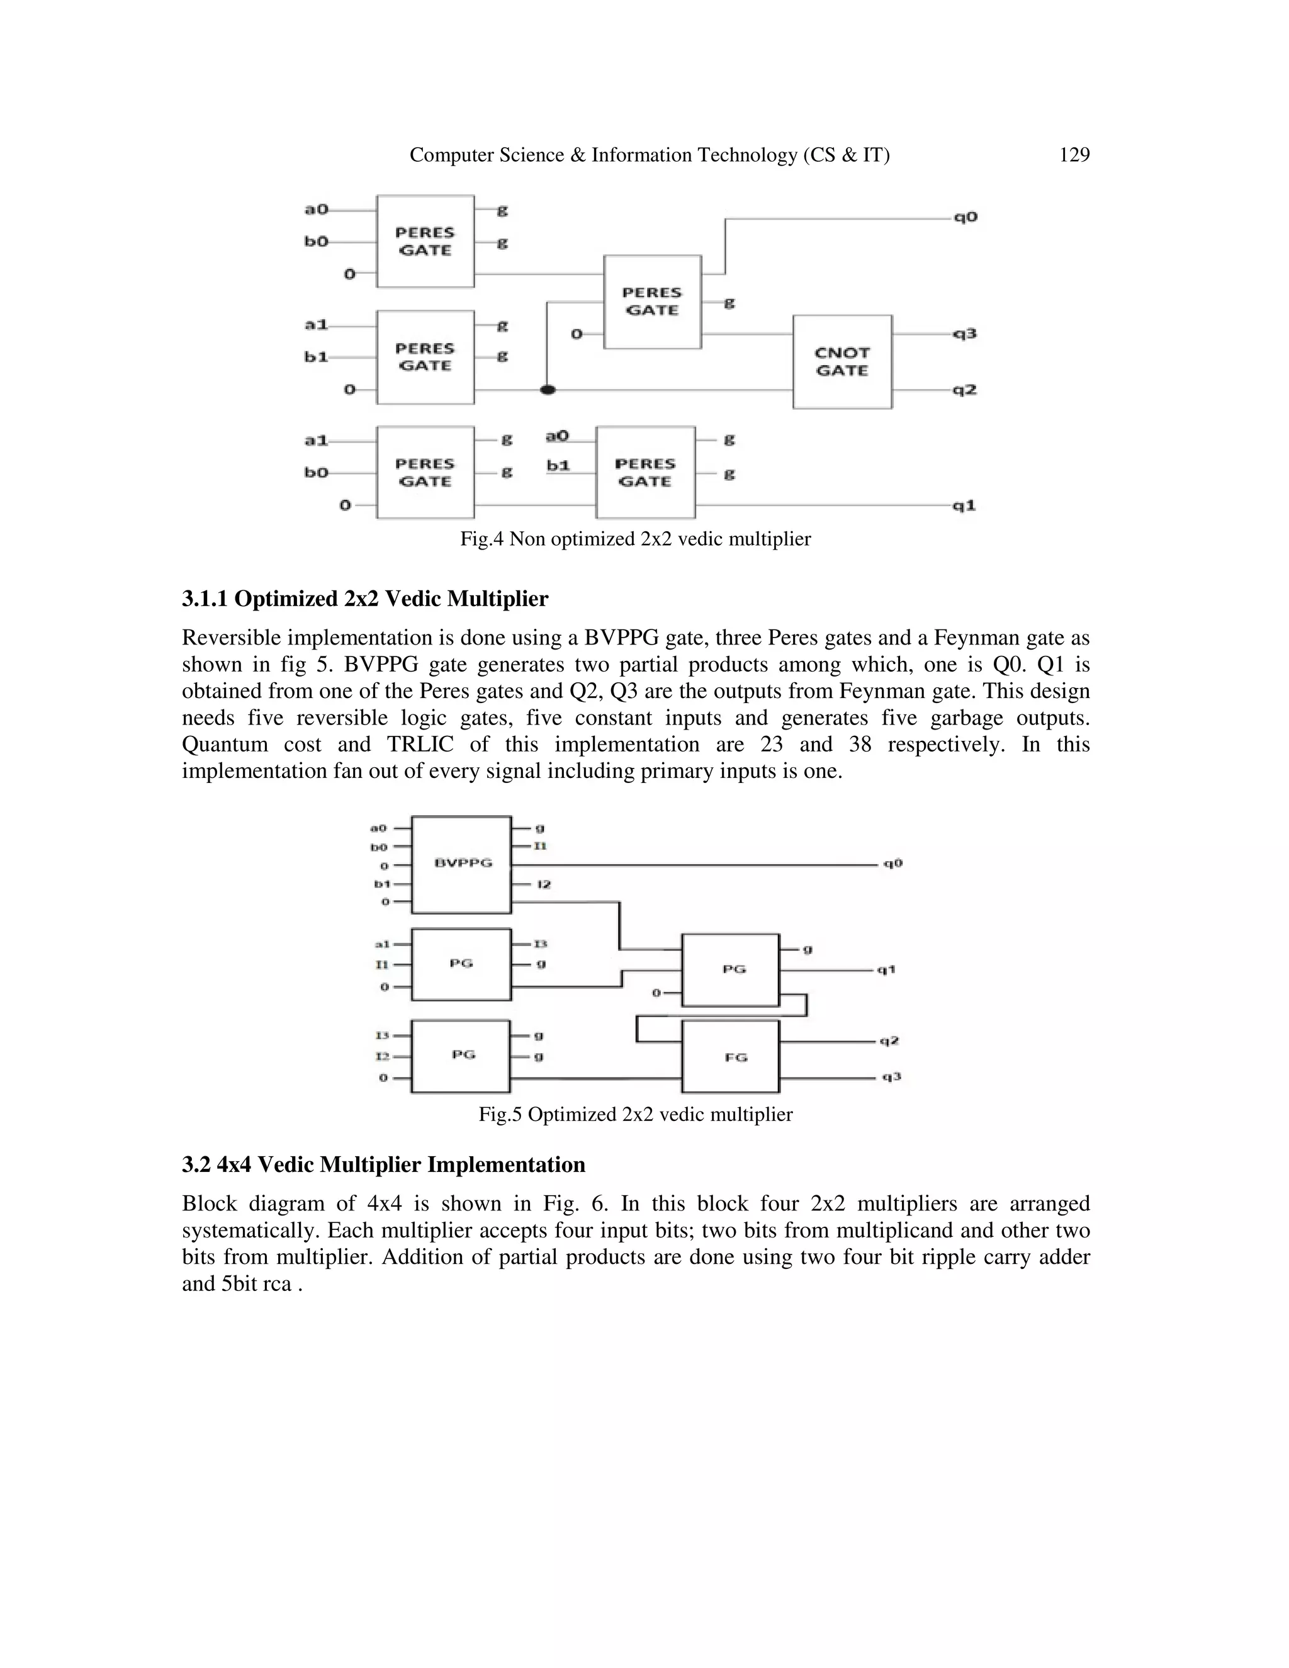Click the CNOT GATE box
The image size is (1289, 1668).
(842, 361)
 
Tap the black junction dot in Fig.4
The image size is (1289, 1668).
(548, 390)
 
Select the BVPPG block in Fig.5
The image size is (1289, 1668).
(462, 864)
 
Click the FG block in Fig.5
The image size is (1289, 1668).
(731, 1057)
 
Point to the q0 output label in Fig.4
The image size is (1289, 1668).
(965, 218)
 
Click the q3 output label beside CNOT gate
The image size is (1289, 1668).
(965, 334)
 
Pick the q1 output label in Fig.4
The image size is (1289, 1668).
(965, 505)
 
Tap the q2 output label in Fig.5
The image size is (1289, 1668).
(889, 1041)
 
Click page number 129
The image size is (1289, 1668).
(1074, 155)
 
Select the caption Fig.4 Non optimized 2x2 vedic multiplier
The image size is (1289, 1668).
(635, 539)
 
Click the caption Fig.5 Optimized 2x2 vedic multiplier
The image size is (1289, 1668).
(635, 1114)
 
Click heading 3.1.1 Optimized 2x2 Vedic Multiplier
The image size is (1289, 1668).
(365, 599)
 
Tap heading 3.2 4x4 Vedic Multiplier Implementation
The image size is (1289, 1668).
(383, 1164)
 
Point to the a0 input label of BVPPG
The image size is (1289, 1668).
(378, 828)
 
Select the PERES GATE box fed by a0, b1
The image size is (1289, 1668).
(645, 473)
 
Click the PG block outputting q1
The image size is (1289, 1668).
(731, 970)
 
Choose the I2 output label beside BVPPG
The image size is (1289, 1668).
(544, 884)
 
